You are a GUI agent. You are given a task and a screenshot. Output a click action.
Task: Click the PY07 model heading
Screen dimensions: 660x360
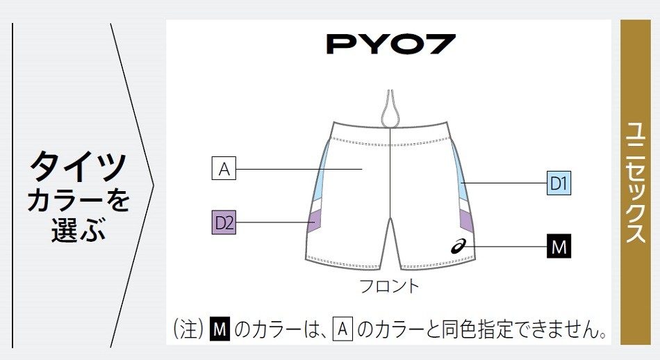tap(391, 44)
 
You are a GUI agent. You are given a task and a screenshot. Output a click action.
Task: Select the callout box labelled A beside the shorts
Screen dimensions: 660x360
tap(224, 168)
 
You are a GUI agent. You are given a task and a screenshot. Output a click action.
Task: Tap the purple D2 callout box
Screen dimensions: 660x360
tap(224, 222)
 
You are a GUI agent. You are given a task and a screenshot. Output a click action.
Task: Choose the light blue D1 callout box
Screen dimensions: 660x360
tap(559, 183)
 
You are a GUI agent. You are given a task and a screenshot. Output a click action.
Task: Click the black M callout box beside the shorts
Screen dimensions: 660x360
tap(559, 246)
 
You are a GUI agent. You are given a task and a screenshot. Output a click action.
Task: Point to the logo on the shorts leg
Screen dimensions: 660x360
tap(459, 245)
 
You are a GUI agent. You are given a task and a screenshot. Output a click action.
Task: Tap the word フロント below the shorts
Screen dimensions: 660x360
tap(390, 286)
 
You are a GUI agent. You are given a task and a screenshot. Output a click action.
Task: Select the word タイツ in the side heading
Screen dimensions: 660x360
tap(79, 166)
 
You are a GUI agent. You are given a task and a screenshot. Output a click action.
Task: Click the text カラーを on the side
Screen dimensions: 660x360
tap(79, 200)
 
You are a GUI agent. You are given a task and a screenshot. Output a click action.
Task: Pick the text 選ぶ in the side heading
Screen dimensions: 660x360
tap(79, 230)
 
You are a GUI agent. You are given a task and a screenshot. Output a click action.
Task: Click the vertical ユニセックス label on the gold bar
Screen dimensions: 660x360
tap(635, 182)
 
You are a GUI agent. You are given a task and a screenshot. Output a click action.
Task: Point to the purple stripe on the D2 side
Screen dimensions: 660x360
tap(315, 221)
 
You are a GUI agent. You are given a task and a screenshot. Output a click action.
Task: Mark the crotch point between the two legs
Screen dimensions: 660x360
tap(390, 218)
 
